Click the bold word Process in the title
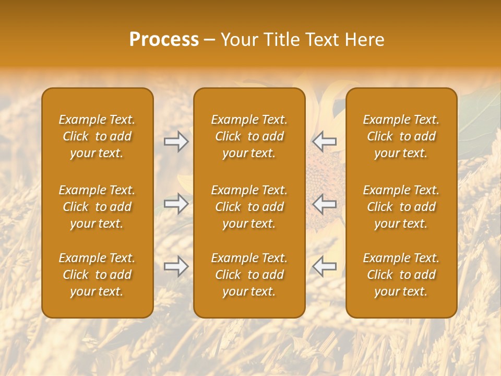(x=164, y=40)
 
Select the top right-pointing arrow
(x=176, y=142)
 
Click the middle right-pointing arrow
(x=176, y=204)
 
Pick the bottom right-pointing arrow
(x=176, y=266)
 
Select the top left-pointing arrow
(x=325, y=142)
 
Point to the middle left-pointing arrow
(x=325, y=204)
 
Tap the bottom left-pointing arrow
(x=325, y=266)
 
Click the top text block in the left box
(x=97, y=136)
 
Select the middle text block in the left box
(x=97, y=207)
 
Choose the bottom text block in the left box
(x=97, y=275)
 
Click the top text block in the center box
(x=249, y=136)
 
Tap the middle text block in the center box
(x=249, y=207)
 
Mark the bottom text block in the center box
(x=249, y=275)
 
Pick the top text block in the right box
(x=401, y=136)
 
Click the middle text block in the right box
(x=401, y=207)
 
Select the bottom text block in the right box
(x=401, y=275)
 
